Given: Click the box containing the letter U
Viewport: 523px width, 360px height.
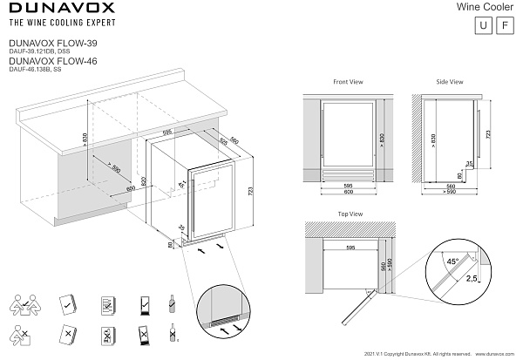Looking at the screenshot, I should pyautogui.click(x=482, y=25).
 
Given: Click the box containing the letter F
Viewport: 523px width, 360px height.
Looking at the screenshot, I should pyautogui.click(x=503, y=25).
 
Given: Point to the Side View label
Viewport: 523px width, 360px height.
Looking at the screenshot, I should pyautogui.click(x=450, y=82).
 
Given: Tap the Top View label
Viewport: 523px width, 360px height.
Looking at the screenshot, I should pyautogui.click(x=348, y=214).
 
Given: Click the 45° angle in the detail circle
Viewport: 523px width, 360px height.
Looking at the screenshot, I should pyautogui.click(x=452, y=260).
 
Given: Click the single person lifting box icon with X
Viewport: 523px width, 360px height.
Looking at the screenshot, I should pyautogui.click(x=22, y=334).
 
